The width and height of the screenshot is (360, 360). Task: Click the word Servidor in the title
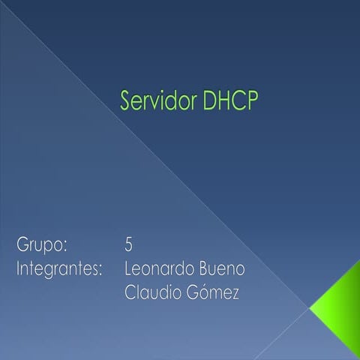point(158,102)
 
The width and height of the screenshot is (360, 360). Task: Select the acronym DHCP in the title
point(229,102)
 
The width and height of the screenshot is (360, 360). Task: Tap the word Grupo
point(42,245)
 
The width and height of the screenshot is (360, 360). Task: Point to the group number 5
point(130,244)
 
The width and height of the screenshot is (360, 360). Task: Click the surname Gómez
point(214,293)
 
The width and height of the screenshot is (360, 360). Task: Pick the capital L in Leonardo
point(128,268)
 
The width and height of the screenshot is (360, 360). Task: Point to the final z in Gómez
point(236,295)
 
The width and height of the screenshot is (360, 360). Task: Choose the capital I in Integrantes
point(19,268)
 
